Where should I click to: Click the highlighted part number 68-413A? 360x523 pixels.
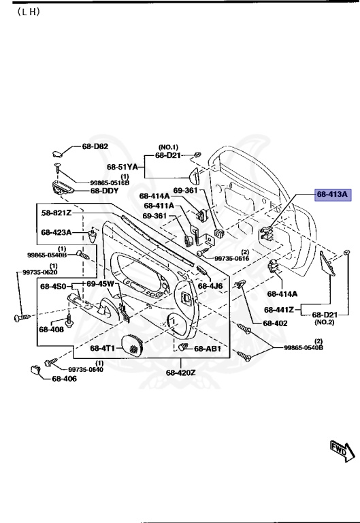pyautogui.click(x=332, y=194)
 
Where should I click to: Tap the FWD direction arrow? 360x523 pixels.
pyautogui.click(x=339, y=449)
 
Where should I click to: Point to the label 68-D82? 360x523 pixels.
pyautogui.click(x=95, y=146)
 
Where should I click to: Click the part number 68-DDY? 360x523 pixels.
pyautogui.click(x=105, y=191)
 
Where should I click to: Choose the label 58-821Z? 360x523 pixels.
pyautogui.click(x=56, y=213)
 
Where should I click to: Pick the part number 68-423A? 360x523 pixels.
pyautogui.click(x=56, y=232)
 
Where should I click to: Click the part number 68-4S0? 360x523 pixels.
pyautogui.click(x=52, y=286)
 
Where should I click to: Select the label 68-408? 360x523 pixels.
pyautogui.click(x=51, y=329)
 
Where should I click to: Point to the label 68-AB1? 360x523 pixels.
pyautogui.click(x=208, y=349)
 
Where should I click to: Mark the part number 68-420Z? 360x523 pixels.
pyautogui.click(x=180, y=373)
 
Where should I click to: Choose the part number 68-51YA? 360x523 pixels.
pyautogui.click(x=122, y=166)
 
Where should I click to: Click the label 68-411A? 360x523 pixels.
pyautogui.click(x=159, y=205)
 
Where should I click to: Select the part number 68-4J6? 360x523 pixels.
pyautogui.click(x=210, y=285)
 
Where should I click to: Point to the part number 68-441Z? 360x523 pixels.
pyautogui.click(x=278, y=309)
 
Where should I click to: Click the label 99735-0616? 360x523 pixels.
pyautogui.click(x=231, y=259)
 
